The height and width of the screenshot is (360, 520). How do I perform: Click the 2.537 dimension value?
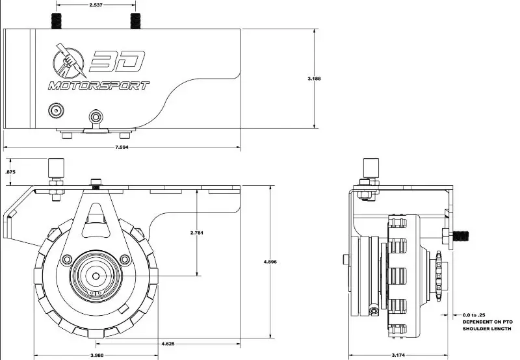click(96, 5)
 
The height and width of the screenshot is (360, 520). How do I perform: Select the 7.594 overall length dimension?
click(122, 147)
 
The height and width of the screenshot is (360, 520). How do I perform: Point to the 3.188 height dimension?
click(314, 79)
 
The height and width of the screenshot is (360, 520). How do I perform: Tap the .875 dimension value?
click(10, 172)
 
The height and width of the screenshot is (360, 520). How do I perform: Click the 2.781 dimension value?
click(197, 233)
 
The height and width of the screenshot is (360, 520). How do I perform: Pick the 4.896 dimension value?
click(270, 262)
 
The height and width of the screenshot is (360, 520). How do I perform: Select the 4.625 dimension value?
click(168, 344)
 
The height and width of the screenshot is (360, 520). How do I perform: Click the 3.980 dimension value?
click(97, 355)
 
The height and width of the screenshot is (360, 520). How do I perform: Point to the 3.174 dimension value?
click(398, 355)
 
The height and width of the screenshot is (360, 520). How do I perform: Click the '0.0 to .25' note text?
click(474, 315)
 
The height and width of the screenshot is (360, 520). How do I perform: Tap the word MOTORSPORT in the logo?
click(99, 86)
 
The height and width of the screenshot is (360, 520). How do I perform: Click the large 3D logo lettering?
click(117, 61)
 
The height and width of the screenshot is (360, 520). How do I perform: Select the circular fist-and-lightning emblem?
click(69, 61)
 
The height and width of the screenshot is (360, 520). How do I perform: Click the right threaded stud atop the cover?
click(135, 21)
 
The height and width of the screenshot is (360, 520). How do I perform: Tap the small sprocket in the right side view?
click(439, 276)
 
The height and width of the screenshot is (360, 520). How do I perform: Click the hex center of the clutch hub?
click(96, 276)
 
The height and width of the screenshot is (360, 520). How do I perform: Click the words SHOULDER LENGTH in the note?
click(487, 329)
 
